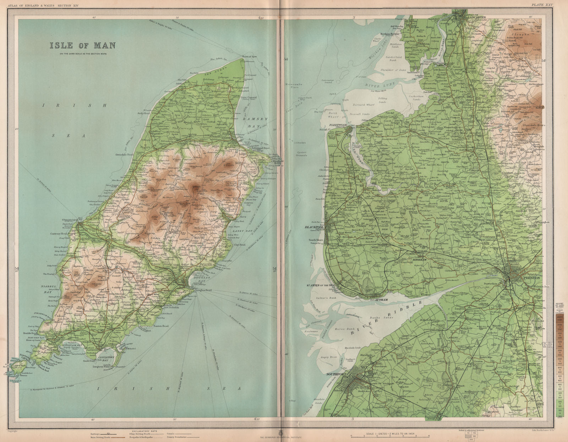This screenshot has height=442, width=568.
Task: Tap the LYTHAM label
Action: click(381, 300)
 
